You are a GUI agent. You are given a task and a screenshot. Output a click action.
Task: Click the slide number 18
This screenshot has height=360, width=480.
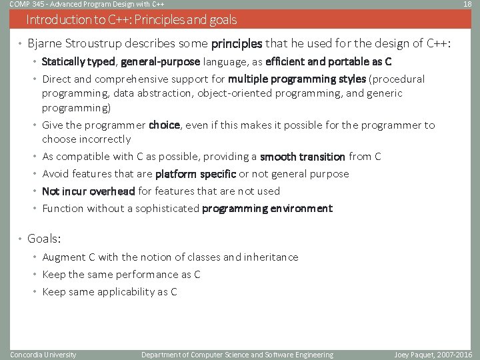468,5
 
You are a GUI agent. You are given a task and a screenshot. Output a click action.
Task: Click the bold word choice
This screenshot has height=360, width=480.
164,125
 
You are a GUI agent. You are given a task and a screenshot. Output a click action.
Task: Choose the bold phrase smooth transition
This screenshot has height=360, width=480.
302,157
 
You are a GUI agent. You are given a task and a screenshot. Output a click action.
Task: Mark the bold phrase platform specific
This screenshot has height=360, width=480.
195,174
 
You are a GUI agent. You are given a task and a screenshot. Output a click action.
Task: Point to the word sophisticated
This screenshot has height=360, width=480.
167,209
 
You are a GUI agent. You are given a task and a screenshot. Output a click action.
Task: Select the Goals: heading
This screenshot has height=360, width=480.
44,239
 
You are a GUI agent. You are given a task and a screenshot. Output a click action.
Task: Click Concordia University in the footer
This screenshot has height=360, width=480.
43,355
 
